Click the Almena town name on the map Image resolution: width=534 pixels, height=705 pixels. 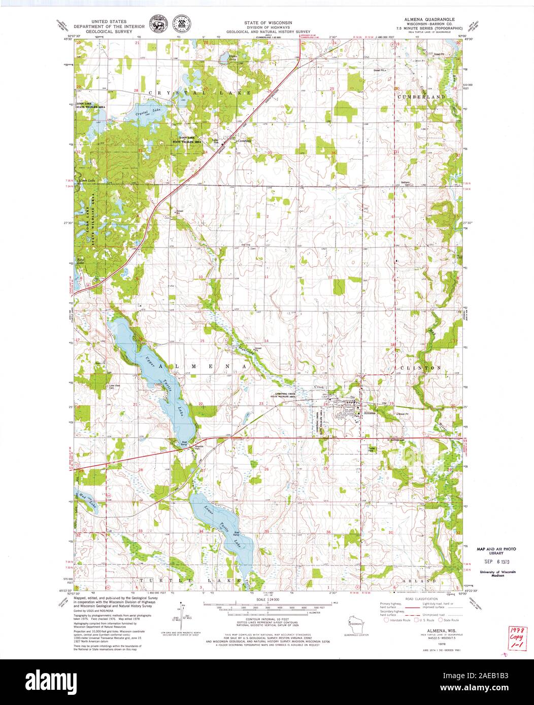tap(369, 413)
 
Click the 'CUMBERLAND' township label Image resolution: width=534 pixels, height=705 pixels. tap(421, 96)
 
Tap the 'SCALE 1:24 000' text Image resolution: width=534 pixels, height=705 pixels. tap(267, 600)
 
